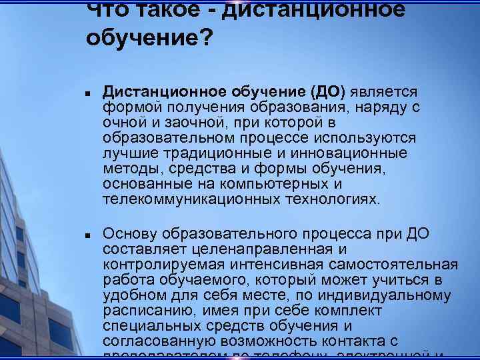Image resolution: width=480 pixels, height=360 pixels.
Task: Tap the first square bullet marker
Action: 88,93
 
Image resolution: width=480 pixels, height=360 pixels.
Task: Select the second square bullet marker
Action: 88,235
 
